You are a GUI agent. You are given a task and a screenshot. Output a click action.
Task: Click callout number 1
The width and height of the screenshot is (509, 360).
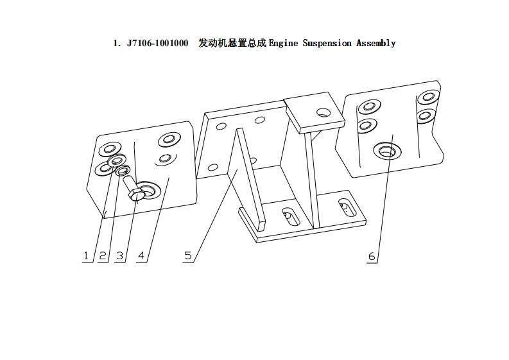click(85, 256)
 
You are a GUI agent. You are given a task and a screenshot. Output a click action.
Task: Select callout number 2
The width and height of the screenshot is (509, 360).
click(103, 256)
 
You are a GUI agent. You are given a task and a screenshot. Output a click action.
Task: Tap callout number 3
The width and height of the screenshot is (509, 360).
click(119, 256)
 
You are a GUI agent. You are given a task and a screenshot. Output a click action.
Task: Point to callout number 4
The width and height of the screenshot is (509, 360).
click(141, 256)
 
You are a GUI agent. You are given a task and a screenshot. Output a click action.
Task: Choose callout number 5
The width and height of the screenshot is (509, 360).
click(187, 256)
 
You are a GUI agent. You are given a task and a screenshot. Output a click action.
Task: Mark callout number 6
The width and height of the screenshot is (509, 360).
click(372, 256)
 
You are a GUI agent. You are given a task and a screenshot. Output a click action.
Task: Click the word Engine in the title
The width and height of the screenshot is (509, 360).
click(283, 44)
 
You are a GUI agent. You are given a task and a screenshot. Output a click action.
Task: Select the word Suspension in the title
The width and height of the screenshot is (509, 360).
click(327, 44)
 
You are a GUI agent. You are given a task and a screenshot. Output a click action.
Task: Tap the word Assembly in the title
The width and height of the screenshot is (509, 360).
click(375, 44)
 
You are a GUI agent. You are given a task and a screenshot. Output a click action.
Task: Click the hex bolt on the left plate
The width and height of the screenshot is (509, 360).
click(135, 193)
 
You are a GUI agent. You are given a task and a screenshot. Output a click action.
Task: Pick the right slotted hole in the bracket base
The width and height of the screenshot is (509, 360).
click(345, 207)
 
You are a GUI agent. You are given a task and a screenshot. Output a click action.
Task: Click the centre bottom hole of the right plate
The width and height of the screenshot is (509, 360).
click(386, 151)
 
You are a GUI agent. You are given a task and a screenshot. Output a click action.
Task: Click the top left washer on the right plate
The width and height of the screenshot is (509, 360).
click(370, 106)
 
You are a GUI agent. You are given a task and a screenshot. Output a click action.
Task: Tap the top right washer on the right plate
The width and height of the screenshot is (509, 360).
click(427, 98)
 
